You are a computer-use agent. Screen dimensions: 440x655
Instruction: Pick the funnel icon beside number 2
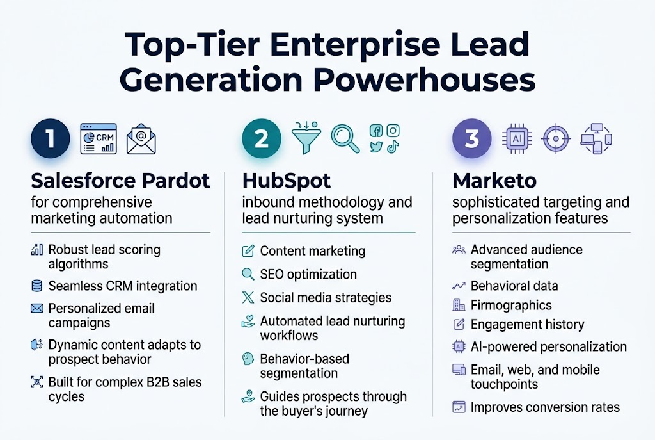click(305, 139)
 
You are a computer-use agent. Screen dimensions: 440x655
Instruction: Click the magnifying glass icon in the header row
click(345, 139)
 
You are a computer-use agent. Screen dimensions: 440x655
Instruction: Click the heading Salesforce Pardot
click(120, 181)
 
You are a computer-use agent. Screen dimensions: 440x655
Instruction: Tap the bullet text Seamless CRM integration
click(123, 286)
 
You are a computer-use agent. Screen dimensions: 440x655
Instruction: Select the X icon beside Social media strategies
click(248, 297)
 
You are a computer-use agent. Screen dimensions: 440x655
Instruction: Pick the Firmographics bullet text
click(510, 305)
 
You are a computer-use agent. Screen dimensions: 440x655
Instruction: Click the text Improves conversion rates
click(545, 407)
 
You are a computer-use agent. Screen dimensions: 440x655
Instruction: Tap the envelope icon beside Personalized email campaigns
click(36, 309)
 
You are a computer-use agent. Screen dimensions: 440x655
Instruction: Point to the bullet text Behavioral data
click(514, 286)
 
